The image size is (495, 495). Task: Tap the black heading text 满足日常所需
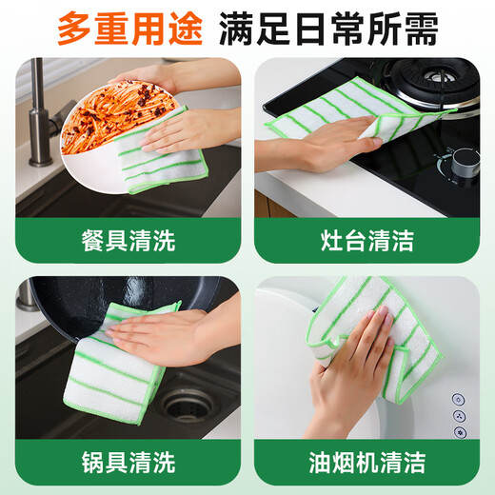pyautogui.click(x=328, y=28)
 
